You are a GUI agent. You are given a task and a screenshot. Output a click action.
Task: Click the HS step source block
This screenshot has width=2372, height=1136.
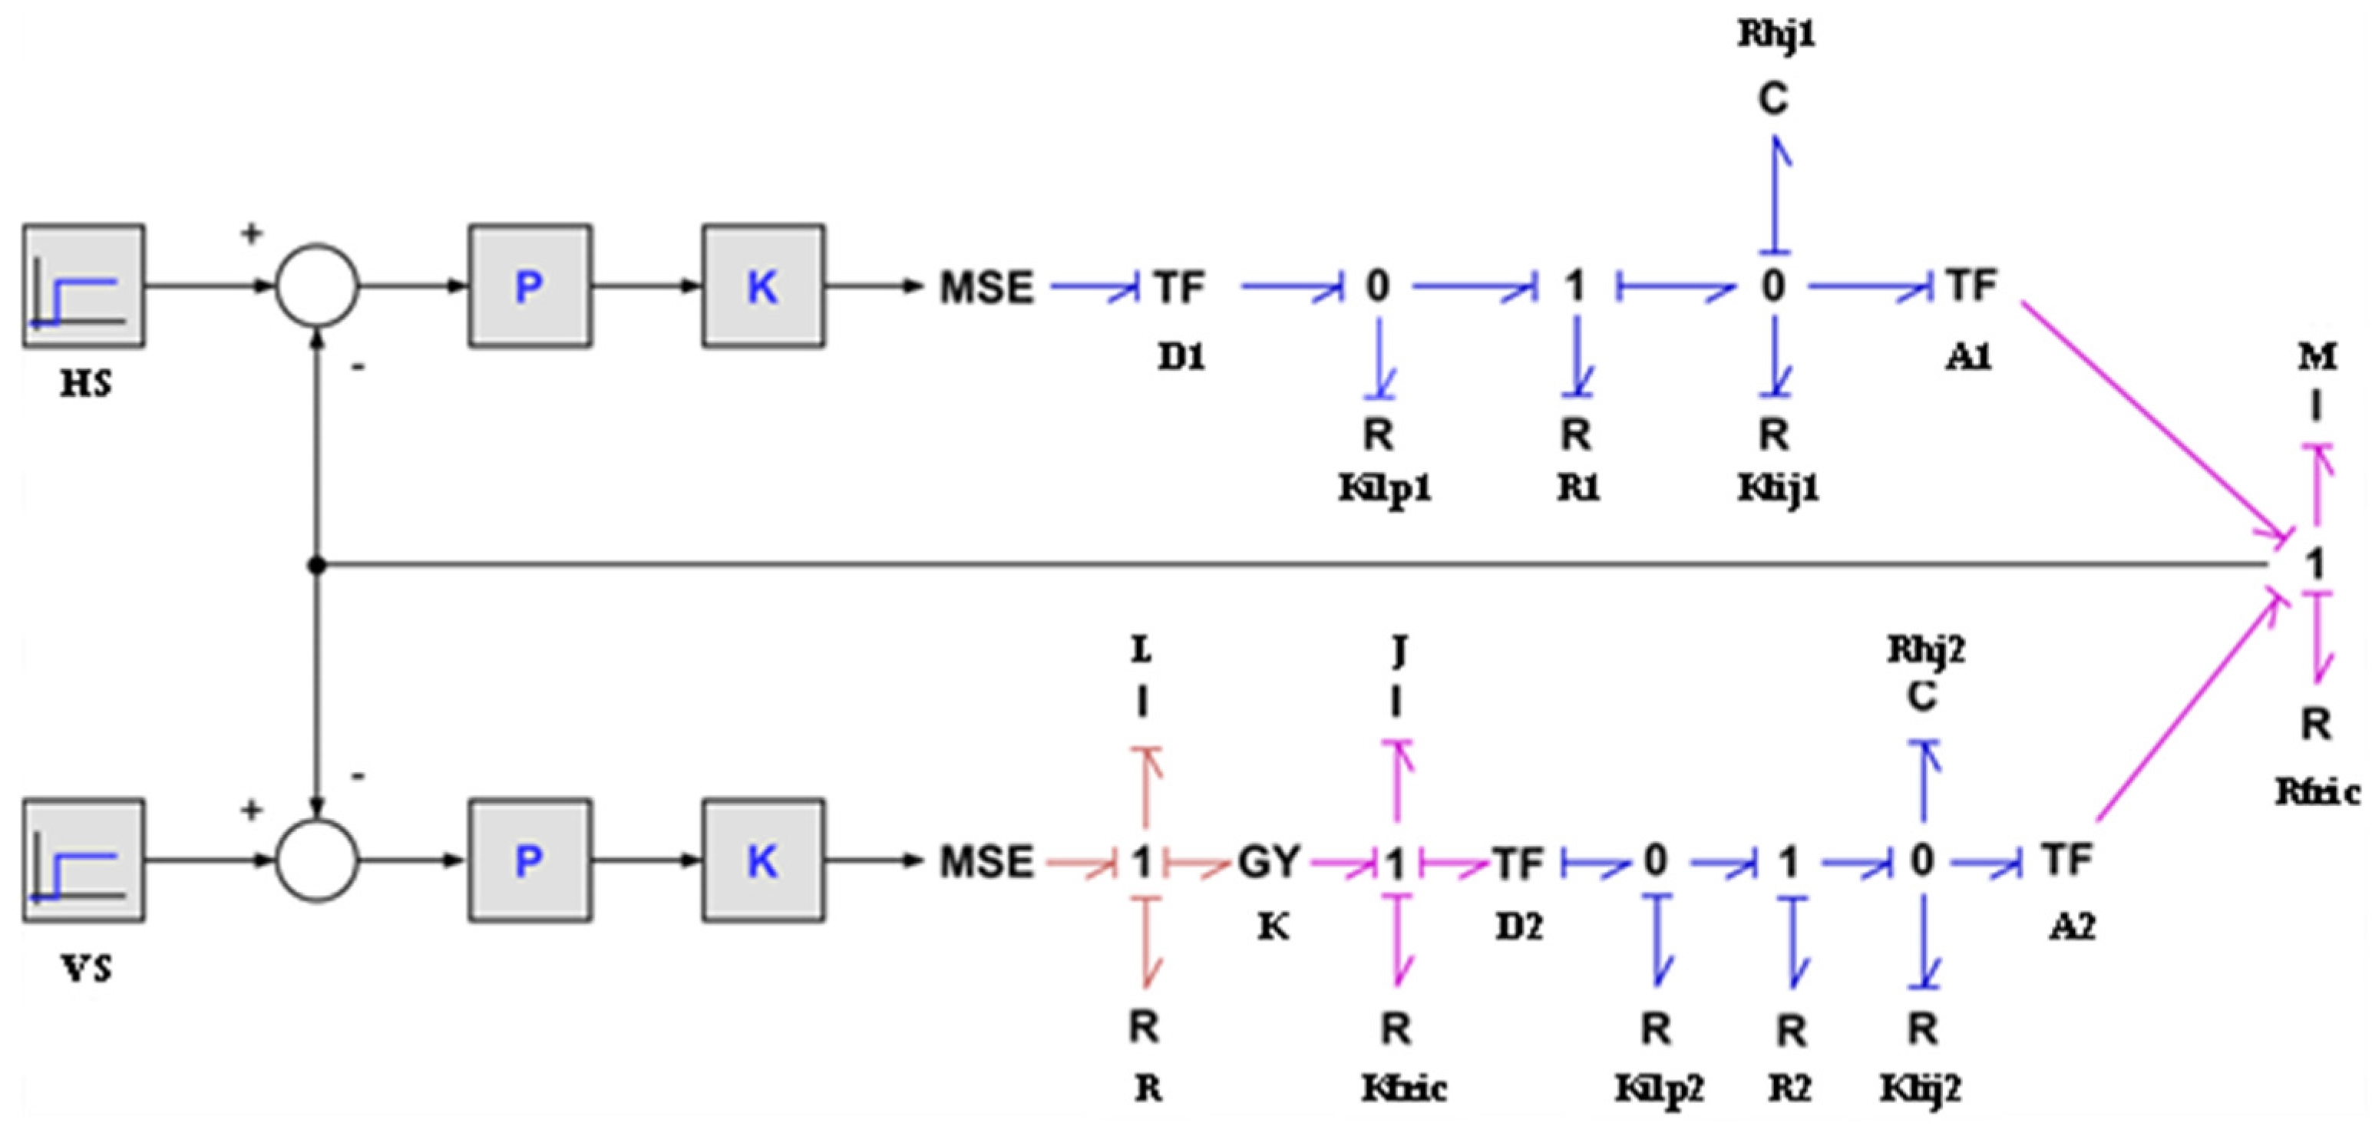point(84,286)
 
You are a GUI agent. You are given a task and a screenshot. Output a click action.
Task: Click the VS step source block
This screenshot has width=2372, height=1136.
point(84,860)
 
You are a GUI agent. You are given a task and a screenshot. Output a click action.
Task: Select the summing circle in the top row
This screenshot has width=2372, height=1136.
point(317,286)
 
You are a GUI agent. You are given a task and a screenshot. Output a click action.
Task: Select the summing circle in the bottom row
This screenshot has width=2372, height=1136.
point(317,860)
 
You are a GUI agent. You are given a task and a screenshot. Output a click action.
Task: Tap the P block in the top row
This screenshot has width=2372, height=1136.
point(530,286)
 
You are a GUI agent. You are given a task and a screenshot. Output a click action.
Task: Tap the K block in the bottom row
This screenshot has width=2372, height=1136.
point(762,860)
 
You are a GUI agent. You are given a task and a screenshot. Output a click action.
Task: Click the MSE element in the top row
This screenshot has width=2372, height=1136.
point(986,287)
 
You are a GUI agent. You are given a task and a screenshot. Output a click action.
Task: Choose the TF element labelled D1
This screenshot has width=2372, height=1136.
point(1181,287)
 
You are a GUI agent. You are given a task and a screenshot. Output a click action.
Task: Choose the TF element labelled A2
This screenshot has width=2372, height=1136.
point(2068,860)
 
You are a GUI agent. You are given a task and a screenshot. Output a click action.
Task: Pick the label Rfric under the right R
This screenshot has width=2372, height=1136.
point(2317,791)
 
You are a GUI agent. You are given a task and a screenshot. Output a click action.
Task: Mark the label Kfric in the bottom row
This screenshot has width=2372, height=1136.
point(1403,1089)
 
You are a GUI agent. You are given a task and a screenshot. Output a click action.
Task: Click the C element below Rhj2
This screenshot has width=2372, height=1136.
point(1921,697)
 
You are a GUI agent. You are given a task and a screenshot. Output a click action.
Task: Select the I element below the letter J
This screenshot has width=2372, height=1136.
point(1397,703)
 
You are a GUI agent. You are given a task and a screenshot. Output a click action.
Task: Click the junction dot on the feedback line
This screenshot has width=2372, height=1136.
point(317,565)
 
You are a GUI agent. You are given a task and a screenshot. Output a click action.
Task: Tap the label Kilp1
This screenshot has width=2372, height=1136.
point(1385,488)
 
